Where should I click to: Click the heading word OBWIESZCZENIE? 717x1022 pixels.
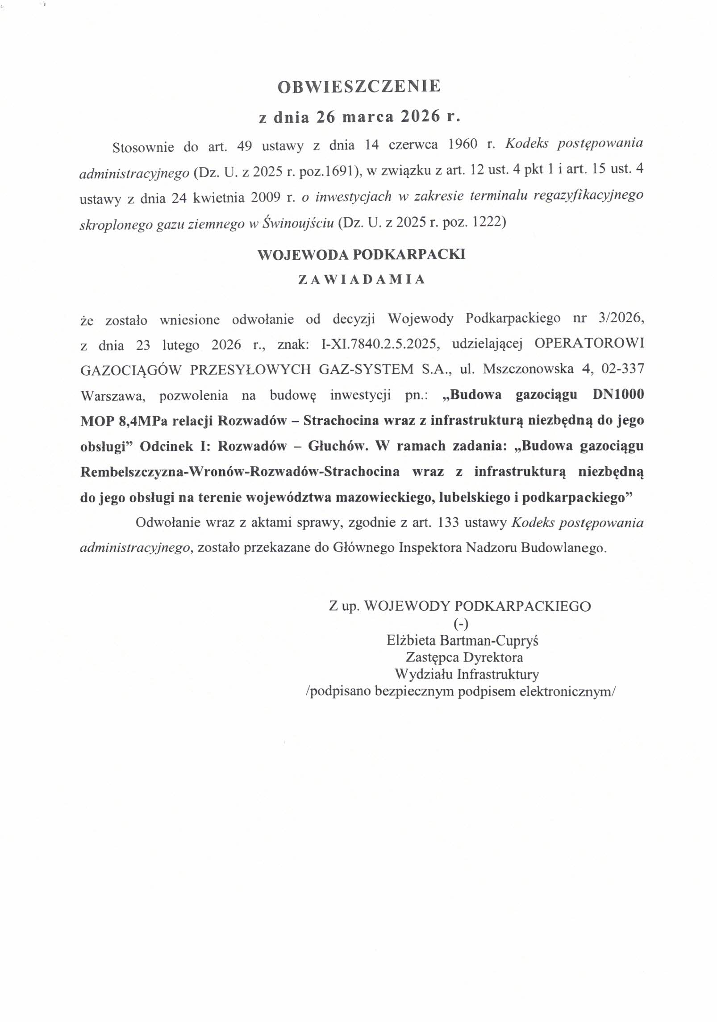pyautogui.click(x=359, y=86)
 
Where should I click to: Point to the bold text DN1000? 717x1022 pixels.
pyautogui.click(x=617, y=395)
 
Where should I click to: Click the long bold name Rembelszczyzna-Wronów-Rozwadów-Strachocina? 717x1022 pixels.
pyautogui.click(x=240, y=472)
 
